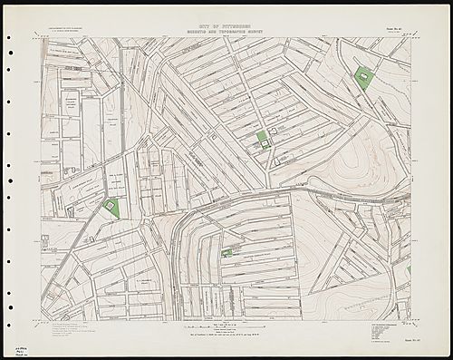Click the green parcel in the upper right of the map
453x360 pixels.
tap(364, 77)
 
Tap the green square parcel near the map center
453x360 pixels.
tap(262, 137)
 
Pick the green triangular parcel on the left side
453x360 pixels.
tap(111, 208)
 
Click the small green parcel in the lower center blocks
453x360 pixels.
tap(225, 253)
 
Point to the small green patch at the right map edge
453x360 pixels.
tap(409, 269)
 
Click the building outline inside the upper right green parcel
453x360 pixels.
tap(365, 78)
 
